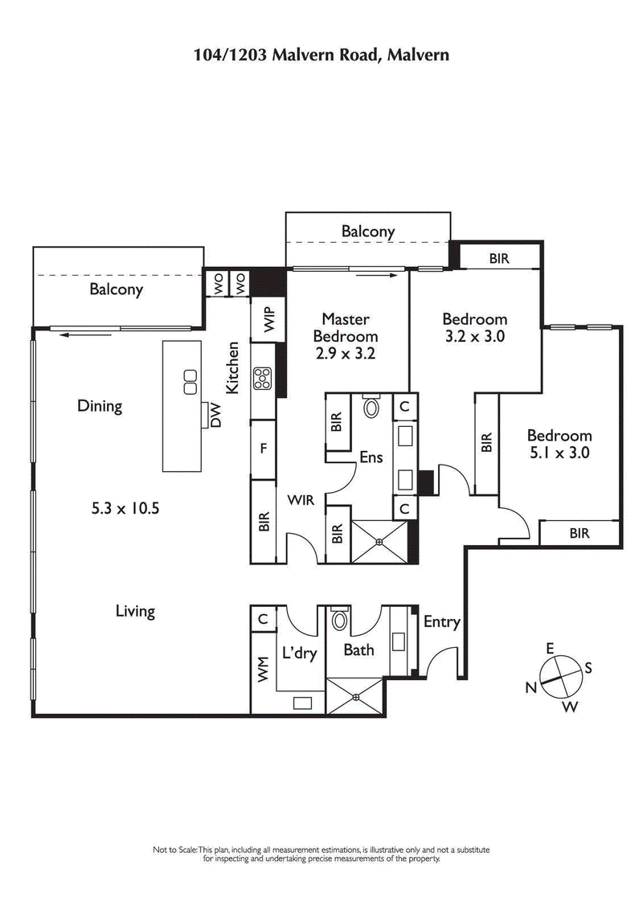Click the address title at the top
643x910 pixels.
point(321,55)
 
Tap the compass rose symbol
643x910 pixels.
point(559,675)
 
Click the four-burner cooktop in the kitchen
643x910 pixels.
point(263,378)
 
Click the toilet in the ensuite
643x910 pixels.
point(371,406)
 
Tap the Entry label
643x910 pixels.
point(441,621)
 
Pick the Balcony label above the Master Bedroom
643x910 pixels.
point(368,232)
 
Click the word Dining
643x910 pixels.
point(100,406)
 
